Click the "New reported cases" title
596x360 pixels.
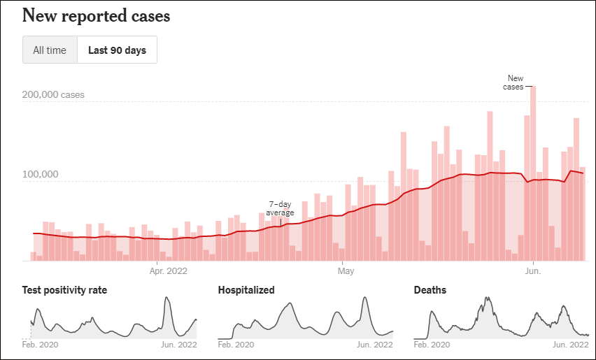[x=96, y=15]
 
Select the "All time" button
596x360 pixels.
[x=50, y=50]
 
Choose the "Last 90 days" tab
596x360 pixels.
[x=117, y=50]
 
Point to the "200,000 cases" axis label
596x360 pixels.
[x=53, y=94]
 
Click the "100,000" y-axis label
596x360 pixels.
[x=43, y=174]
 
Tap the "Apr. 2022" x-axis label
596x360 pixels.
[x=168, y=270]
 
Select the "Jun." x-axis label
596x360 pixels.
[x=534, y=270]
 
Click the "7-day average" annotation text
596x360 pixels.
[x=280, y=208]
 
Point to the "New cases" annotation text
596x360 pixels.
[x=515, y=82]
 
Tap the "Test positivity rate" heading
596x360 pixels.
[x=64, y=290]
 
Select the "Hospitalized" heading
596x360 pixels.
[x=246, y=290]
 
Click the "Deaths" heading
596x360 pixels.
[x=430, y=290]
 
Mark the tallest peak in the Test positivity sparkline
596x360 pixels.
[x=166, y=299]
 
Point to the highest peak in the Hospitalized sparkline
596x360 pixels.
[x=364, y=299]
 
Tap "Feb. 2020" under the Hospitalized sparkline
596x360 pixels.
[x=236, y=345]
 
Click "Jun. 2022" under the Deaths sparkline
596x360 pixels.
[x=571, y=345]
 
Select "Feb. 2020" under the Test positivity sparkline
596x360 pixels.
[x=40, y=345]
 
